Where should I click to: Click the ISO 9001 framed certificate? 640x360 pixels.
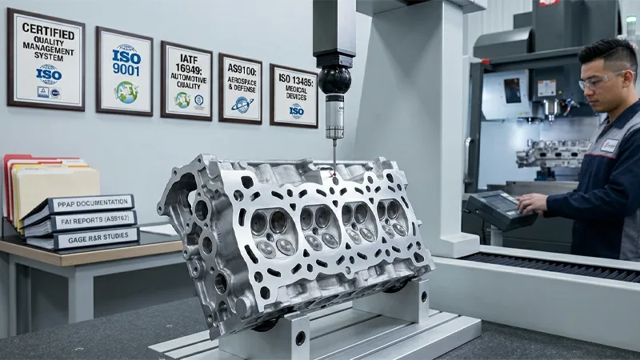[x=124, y=70]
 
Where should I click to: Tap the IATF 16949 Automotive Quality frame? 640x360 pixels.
[x=186, y=80]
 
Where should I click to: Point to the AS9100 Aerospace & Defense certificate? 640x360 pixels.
[x=240, y=88]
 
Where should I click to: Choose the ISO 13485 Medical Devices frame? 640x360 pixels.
[x=294, y=96]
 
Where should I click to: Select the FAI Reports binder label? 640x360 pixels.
[x=90, y=220]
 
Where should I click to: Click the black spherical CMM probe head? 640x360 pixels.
[x=334, y=80]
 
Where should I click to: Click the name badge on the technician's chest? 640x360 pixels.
[x=610, y=145]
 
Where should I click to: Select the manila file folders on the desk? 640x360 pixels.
[x=56, y=188]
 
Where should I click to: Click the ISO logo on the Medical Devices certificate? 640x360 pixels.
[x=296, y=110]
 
